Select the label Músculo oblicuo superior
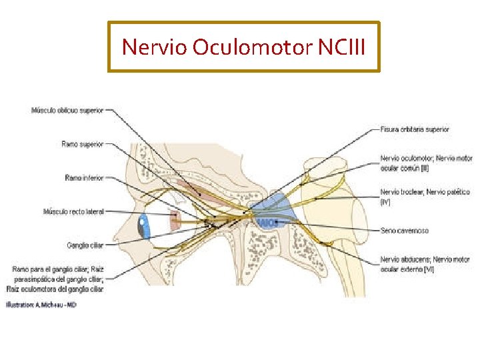coord(67,110)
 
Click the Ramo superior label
coord(82,143)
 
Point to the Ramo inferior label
coord(84,178)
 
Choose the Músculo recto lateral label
coord(73,212)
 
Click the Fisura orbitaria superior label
coord(415,129)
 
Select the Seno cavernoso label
coord(405,231)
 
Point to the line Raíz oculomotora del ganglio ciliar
coord(55,289)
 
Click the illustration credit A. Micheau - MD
coord(41,305)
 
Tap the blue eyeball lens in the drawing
coord(143,227)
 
